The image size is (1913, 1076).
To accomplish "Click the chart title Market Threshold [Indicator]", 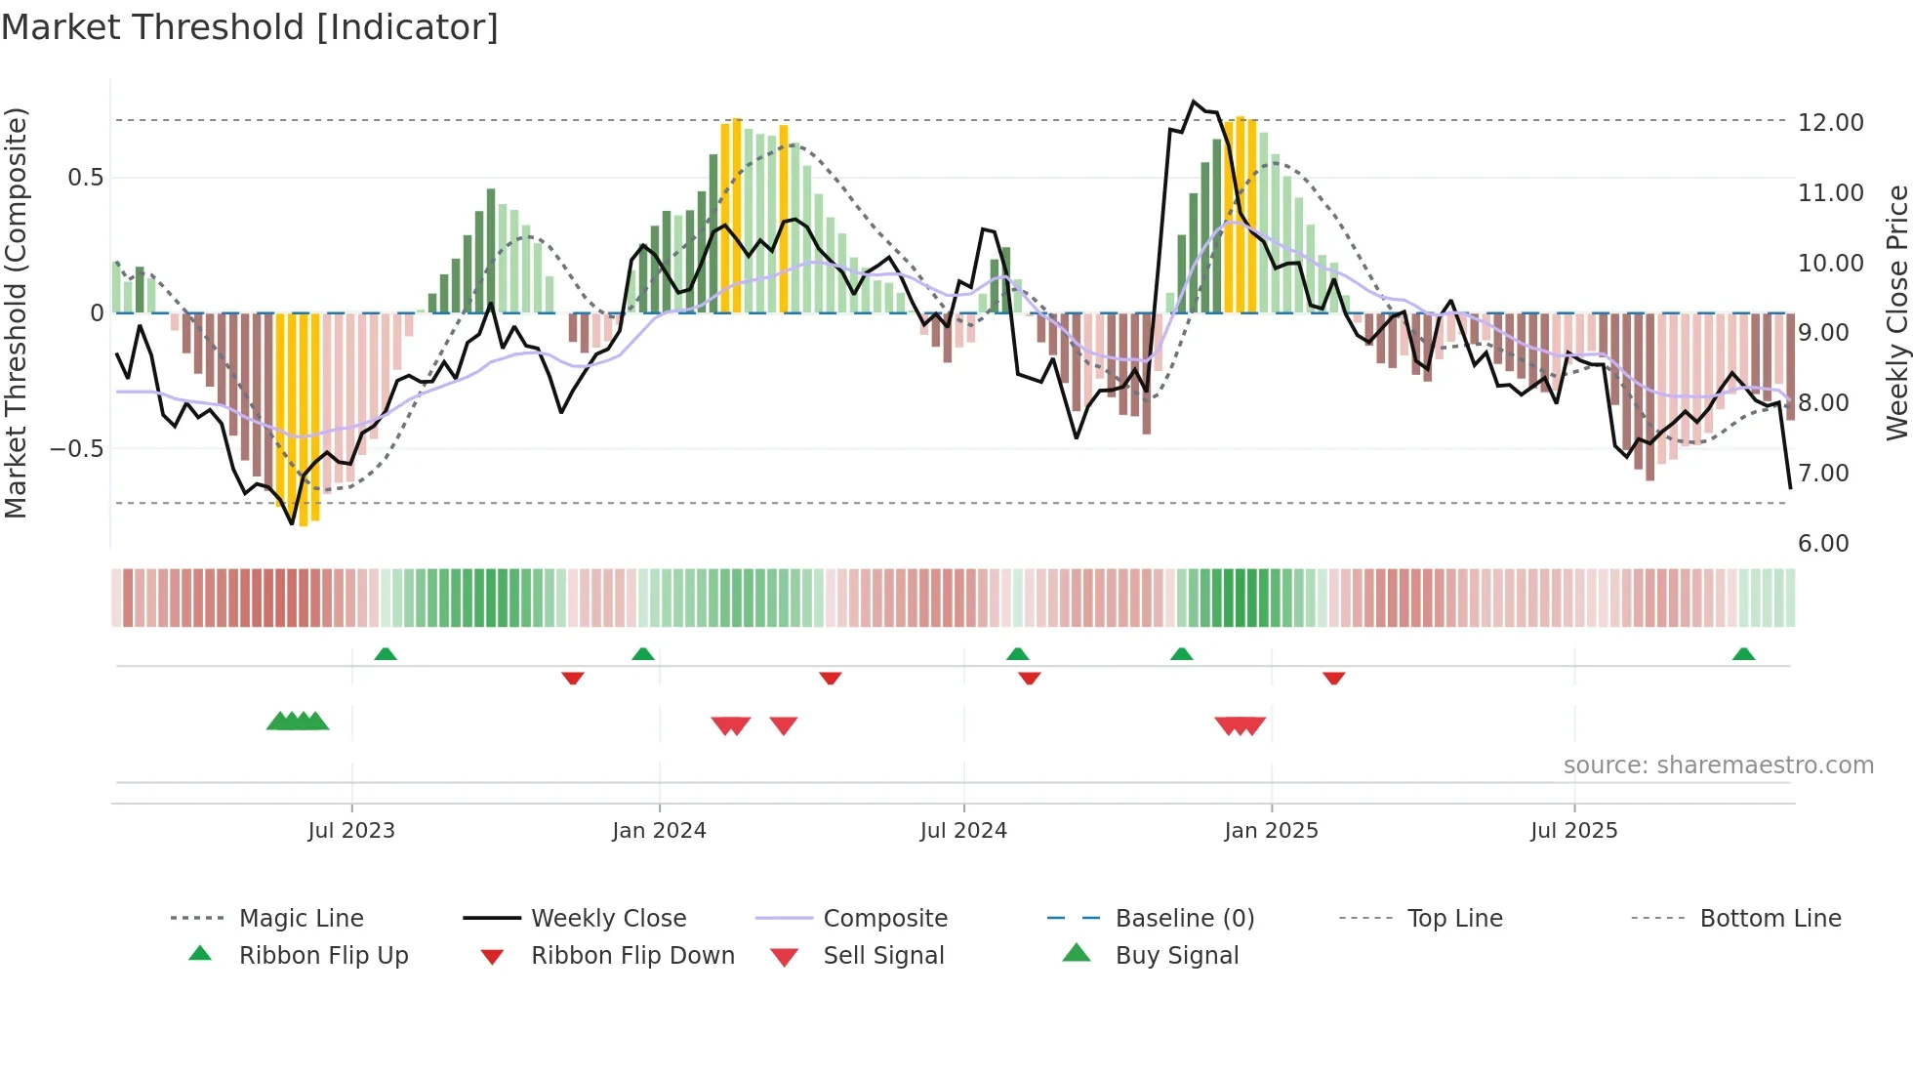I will pos(250,27).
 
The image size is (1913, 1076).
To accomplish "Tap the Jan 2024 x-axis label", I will pos(659,831).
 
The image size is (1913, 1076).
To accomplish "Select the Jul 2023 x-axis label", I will pos(351,831).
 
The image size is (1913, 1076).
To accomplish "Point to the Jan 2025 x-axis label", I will pos(1271,831).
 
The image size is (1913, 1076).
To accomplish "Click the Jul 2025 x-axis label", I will pos(1573,831).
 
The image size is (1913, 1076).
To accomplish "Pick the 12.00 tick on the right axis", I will pos(1830,123).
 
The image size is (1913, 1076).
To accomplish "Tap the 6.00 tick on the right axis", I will pos(1822,544).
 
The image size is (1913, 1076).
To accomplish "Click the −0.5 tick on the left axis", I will pos(76,449).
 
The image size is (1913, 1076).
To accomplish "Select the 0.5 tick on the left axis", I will pos(85,178).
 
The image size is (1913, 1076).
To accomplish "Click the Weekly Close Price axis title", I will pos(1896,312).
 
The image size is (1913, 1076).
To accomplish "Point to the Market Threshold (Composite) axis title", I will pos(16,312).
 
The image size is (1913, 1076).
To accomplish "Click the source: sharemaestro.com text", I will pos(1718,766).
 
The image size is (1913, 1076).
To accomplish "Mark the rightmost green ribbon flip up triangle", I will pos(1743,654).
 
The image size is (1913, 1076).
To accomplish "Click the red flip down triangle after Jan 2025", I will pos(1333,678).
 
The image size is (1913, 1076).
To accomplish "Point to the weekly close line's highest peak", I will pos(1193,102).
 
